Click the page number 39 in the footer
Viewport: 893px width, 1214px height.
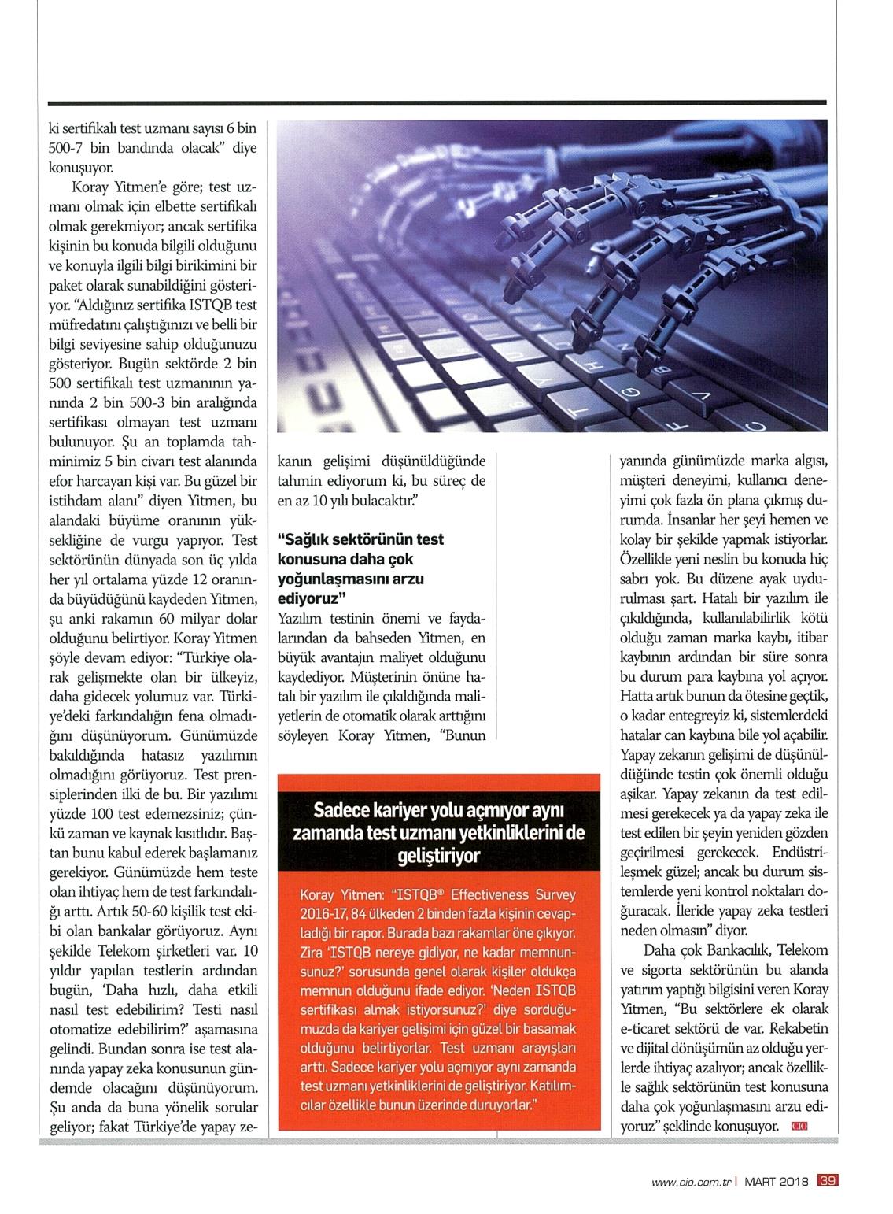click(x=828, y=1180)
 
